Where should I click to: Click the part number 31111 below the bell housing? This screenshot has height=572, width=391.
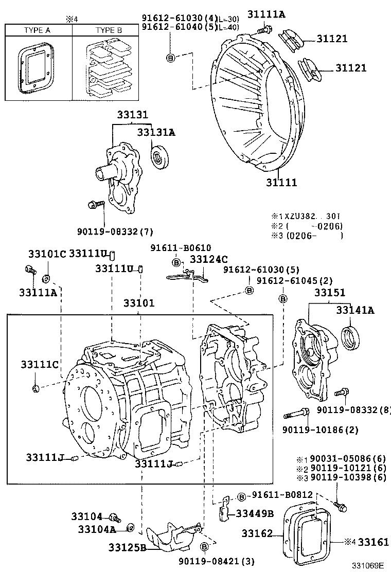[x=281, y=182]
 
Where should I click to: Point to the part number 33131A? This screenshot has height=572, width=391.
[x=156, y=132]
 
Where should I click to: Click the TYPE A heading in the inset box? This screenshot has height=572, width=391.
[x=37, y=30]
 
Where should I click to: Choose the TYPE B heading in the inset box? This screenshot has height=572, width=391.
[x=109, y=30]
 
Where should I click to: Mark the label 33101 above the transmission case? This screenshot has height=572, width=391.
[x=138, y=303]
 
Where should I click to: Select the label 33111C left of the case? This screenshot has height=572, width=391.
[x=40, y=365]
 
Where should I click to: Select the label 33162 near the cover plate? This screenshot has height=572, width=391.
[x=257, y=534]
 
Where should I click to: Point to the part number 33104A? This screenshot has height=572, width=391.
[x=95, y=528]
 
